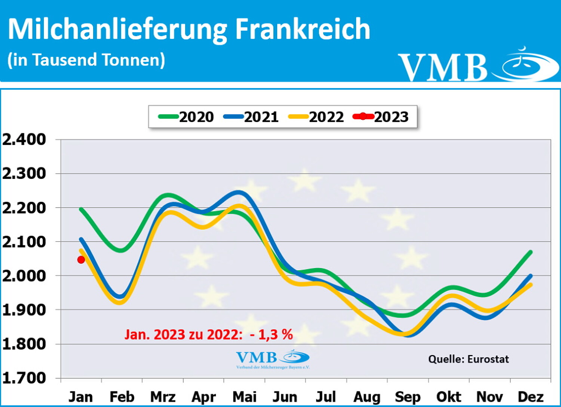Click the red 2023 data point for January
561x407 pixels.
tap(81, 260)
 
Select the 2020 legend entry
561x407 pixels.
tap(186, 117)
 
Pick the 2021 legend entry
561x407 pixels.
tap(251, 117)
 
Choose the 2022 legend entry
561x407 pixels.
tap(316, 117)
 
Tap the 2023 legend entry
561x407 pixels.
tap(381, 117)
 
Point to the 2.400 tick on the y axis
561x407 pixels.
tap(24, 140)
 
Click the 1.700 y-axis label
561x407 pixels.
tap(24, 378)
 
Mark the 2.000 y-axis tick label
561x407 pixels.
tap(24, 276)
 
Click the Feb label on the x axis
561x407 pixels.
tap(122, 397)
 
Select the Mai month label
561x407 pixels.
tap(245, 397)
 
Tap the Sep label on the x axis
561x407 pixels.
tap(408, 397)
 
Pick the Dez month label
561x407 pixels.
tap(530, 397)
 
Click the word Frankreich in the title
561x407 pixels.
tap(303, 29)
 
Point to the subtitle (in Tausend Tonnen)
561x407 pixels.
tap(86, 60)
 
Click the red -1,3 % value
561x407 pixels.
tap(271, 334)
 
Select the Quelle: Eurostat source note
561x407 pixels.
tap(468, 359)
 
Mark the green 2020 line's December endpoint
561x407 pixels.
tap(530, 252)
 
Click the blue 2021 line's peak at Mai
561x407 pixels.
tap(239, 193)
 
